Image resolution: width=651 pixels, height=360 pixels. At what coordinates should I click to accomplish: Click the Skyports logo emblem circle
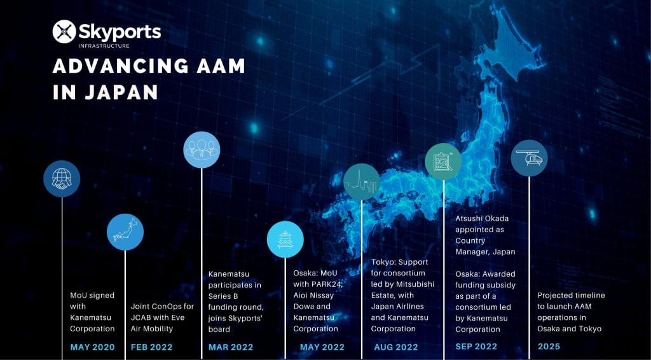64,32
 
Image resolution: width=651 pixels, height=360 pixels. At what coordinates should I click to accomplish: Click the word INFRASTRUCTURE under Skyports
104,46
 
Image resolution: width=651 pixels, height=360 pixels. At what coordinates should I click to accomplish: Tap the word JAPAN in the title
121,92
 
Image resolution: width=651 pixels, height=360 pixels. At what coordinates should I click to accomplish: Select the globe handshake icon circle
62,179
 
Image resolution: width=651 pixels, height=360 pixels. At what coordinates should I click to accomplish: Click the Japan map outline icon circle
125,232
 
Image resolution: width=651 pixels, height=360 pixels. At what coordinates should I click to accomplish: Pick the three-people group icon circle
202,149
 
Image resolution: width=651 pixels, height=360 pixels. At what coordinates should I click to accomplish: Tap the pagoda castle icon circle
285,240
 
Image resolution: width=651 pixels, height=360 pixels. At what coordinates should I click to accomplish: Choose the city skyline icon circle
362,182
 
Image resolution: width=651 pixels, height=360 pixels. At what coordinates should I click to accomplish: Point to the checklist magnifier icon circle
443,162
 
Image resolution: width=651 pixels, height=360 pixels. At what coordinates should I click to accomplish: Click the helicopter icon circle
529,158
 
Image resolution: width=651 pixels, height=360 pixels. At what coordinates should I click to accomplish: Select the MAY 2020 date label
92,347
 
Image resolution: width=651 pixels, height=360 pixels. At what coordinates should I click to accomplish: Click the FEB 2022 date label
151,347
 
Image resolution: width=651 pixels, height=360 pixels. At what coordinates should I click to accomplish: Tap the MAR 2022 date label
231,347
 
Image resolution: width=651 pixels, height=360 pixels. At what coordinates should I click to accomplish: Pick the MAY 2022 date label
322,347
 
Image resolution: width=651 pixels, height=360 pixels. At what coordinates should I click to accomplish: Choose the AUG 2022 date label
396,347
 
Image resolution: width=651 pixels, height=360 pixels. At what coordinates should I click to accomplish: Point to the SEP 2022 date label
476,347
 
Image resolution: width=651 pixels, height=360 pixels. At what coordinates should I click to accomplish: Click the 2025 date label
549,347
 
